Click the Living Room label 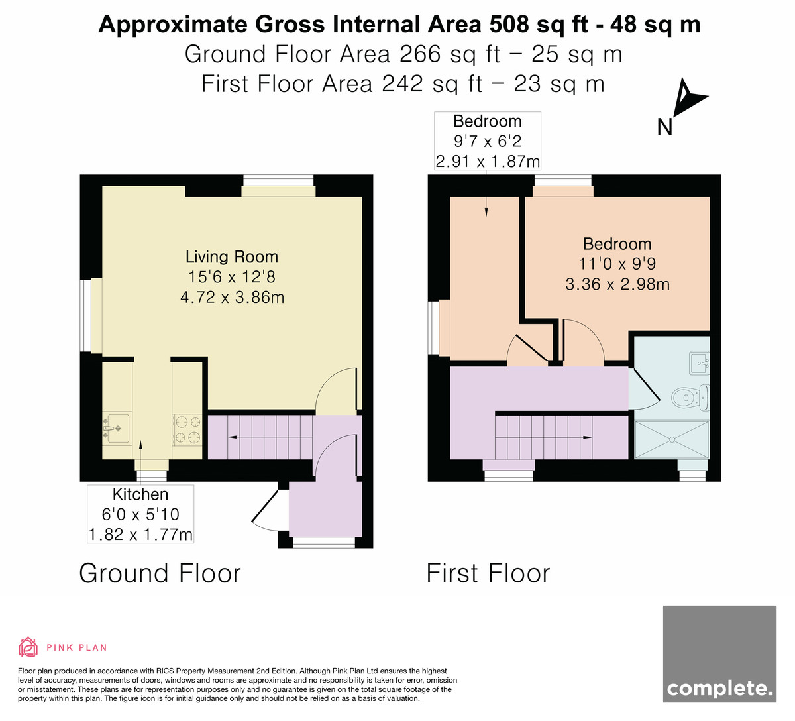232,257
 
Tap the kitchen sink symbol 116,428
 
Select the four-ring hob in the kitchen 187,429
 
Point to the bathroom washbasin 700,363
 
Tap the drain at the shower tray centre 672,439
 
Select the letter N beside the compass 664,127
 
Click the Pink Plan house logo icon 28,647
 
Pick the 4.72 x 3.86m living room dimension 233,297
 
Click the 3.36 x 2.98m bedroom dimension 617,284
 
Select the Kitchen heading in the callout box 140,494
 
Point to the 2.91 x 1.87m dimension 488,162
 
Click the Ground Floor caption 160,573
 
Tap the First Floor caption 488,573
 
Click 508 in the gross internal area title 509,25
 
